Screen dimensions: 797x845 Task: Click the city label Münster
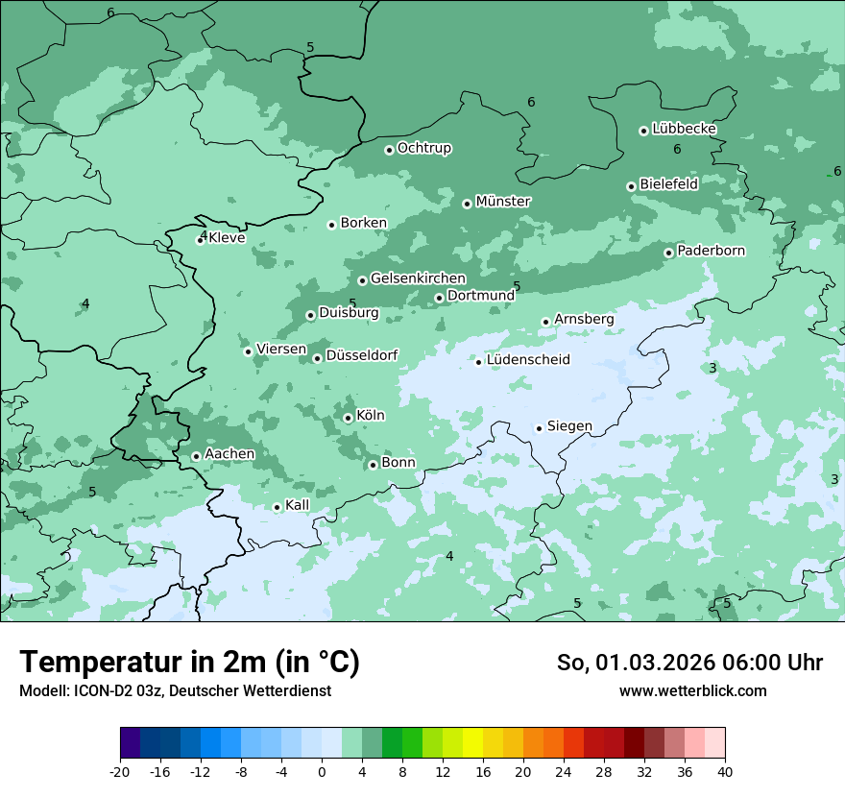click(503, 202)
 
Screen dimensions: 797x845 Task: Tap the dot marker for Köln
click(348, 418)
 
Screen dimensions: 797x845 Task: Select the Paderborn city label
click(711, 251)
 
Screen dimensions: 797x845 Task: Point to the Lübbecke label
click(684, 129)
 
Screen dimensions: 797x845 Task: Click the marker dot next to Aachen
click(196, 456)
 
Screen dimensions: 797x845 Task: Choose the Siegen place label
click(569, 426)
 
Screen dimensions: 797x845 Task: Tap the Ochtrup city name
click(423, 148)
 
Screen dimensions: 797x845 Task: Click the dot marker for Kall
click(277, 507)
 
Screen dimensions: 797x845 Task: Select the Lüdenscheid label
click(528, 360)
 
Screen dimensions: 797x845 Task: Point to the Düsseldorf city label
click(361, 355)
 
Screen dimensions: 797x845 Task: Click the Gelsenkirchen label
click(418, 278)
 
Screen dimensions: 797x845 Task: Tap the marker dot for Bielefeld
click(631, 186)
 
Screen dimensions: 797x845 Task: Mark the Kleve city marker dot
click(200, 240)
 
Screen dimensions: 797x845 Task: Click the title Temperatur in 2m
click(189, 662)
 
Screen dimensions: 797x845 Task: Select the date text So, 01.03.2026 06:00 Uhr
click(688, 663)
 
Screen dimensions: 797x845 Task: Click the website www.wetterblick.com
click(692, 690)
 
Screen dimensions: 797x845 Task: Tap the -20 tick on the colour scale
click(120, 771)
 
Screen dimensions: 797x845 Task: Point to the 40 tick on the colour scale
click(725, 771)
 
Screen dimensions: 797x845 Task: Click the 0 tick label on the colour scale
click(322, 771)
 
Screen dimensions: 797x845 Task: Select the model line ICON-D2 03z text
click(175, 690)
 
